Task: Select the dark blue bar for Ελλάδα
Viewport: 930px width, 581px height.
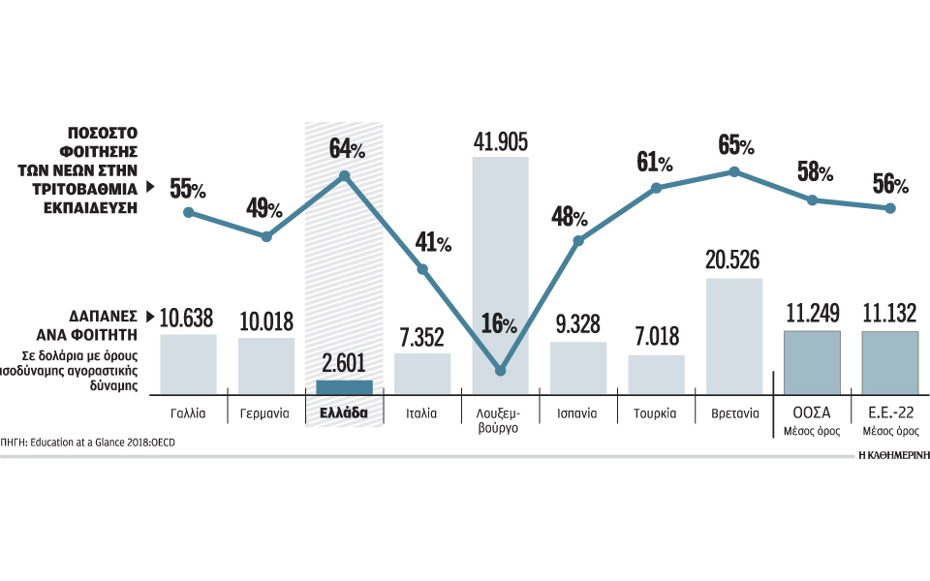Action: [x=344, y=387]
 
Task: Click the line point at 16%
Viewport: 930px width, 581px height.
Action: [x=500, y=370]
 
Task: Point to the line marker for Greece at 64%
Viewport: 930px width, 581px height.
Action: [x=344, y=176]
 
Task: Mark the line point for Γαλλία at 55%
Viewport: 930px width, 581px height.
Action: [x=189, y=212]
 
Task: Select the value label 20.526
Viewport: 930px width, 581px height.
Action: [x=733, y=260]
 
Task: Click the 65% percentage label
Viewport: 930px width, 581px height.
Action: [x=736, y=146]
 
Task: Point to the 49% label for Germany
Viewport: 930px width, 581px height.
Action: [x=263, y=208]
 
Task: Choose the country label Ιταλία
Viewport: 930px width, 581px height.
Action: [x=422, y=413]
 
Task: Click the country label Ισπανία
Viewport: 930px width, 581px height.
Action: [x=577, y=413]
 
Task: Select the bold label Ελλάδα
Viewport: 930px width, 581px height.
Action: [x=344, y=413]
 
